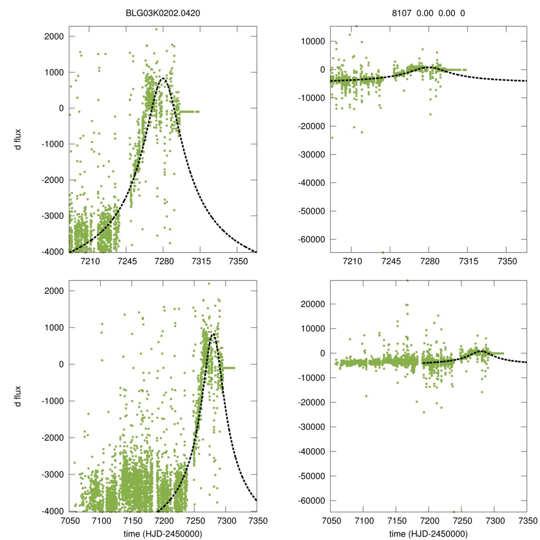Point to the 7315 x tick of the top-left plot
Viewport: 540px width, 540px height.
click(200, 261)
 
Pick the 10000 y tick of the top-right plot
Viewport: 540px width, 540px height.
click(315, 41)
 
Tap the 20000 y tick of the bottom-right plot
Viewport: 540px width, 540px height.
click(315, 304)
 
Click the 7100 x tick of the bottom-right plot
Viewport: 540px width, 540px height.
click(364, 520)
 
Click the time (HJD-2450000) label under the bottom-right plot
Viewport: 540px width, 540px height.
click(429, 534)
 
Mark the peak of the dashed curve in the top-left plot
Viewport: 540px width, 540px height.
click(163, 78)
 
